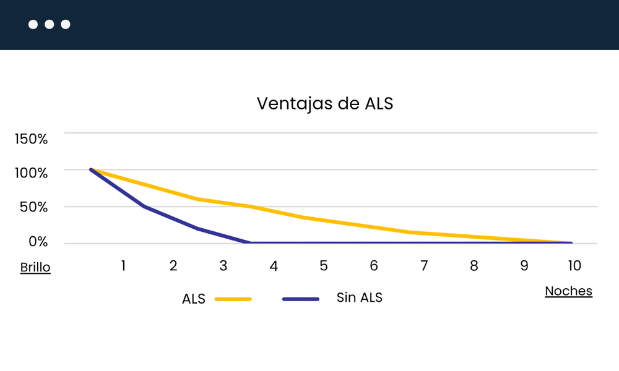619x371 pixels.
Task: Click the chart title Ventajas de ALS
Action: [325, 103]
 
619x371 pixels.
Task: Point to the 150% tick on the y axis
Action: [31, 139]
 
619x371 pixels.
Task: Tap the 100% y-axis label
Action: [31, 173]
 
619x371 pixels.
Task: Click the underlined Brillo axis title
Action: [35, 268]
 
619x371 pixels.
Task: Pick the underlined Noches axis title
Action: [568, 291]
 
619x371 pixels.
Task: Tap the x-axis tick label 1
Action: [124, 266]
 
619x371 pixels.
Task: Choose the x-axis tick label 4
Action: [274, 266]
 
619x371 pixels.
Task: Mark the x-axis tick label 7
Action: [424, 266]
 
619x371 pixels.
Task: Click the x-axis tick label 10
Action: [574, 266]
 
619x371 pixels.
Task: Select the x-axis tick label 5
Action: [324, 266]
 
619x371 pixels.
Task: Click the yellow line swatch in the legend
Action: [233, 299]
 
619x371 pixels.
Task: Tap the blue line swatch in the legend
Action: [301, 299]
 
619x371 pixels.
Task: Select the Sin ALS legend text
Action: [360, 297]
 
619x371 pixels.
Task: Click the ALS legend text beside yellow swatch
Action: [194, 299]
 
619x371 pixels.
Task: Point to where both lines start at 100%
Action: [91, 169]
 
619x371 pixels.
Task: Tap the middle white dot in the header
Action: [49, 25]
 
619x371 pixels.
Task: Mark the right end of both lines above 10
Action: [570, 242]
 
